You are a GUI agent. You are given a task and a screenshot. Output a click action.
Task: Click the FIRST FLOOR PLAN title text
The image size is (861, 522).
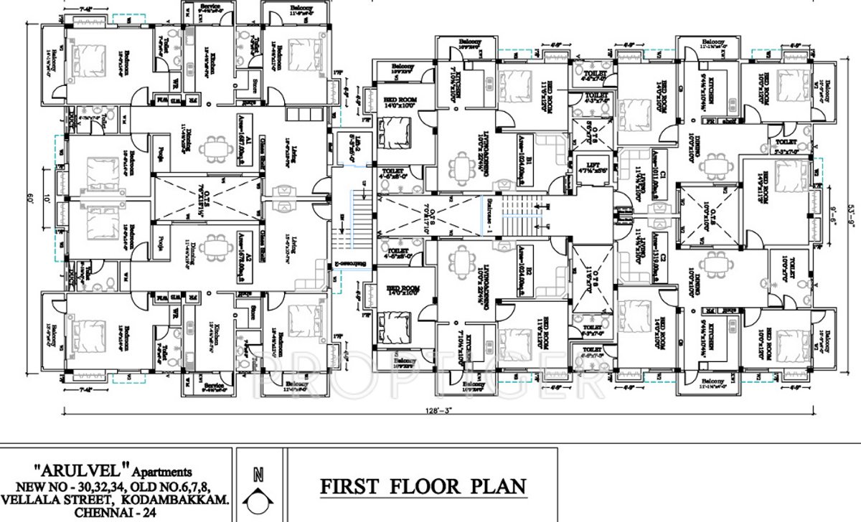click(423, 487)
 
